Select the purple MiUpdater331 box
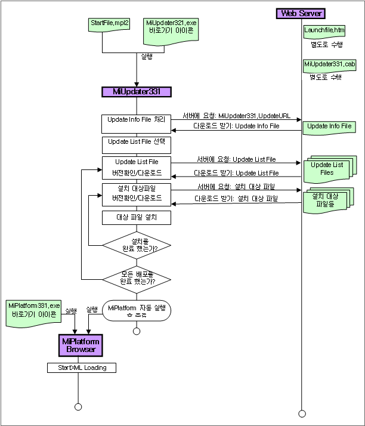click(x=137, y=91)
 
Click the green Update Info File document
click(x=330, y=126)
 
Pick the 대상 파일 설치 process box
click(x=137, y=217)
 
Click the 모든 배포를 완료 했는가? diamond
click(x=137, y=278)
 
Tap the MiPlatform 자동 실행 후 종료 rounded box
click(x=137, y=310)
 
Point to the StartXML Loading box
click(x=82, y=368)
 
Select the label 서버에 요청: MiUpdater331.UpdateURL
click(x=237, y=115)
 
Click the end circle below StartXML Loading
click(x=78, y=407)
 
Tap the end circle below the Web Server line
click(x=302, y=413)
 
